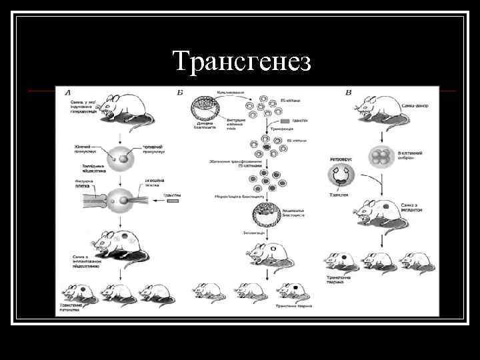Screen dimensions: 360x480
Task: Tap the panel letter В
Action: [348, 91]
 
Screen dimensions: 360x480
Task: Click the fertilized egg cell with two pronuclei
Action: [121, 160]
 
